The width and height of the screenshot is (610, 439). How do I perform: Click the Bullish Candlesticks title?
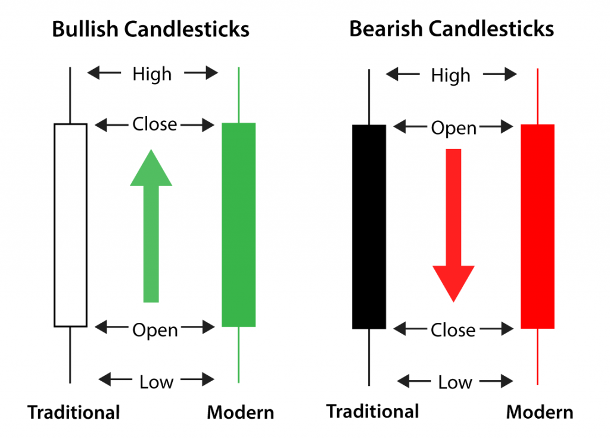coord(150,29)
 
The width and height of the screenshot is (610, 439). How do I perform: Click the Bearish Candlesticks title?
coord(452,29)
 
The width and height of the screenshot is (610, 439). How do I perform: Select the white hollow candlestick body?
coord(70,225)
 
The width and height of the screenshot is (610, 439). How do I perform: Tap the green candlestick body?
coord(238,225)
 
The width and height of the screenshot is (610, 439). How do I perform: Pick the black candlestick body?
coord(369,226)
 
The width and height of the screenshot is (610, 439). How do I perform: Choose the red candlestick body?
coord(537,226)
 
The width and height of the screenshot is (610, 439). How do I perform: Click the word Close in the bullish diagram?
coord(155,124)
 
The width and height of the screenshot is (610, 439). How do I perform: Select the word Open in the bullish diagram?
coord(155,330)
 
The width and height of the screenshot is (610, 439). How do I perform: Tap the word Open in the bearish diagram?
coord(454,128)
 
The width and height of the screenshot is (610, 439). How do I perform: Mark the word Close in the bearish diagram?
coord(453,330)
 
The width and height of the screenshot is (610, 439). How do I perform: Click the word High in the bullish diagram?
coord(152,74)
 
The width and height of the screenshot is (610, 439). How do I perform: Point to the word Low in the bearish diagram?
coord(455,382)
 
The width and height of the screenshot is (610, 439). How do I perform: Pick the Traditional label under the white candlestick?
coord(74,412)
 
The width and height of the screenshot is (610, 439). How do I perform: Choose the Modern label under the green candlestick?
coord(240,412)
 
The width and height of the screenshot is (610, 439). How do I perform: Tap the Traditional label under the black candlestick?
coord(373,411)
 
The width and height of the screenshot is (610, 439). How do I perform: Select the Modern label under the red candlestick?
coord(540,412)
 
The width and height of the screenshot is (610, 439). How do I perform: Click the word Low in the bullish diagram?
coord(156,382)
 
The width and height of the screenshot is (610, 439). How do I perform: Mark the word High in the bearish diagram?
coord(451,76)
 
